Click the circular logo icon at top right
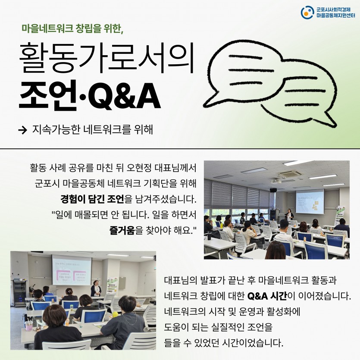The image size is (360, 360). point(307,13)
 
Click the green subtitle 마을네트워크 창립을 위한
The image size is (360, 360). point(72,29)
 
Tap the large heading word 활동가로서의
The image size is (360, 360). point(107,58)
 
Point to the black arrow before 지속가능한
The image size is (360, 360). point(23,130)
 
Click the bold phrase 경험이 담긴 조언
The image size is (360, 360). point(92,199)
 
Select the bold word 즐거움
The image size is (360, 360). point(122,230)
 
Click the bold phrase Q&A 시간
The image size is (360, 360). point(267,296)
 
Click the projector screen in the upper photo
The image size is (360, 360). point(310,201)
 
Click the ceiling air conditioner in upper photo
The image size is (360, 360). point(290,174)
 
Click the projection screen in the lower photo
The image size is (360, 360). point(72,270)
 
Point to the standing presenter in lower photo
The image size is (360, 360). point(96,288)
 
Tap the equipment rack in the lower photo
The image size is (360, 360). point(20,293)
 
